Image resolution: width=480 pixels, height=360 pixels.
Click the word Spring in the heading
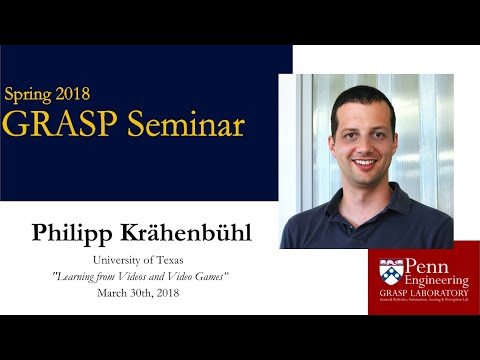pos(31,96)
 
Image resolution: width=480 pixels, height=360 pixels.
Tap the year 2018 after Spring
pos(77,95)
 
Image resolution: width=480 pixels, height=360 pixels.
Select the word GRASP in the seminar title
pos(49,125)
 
